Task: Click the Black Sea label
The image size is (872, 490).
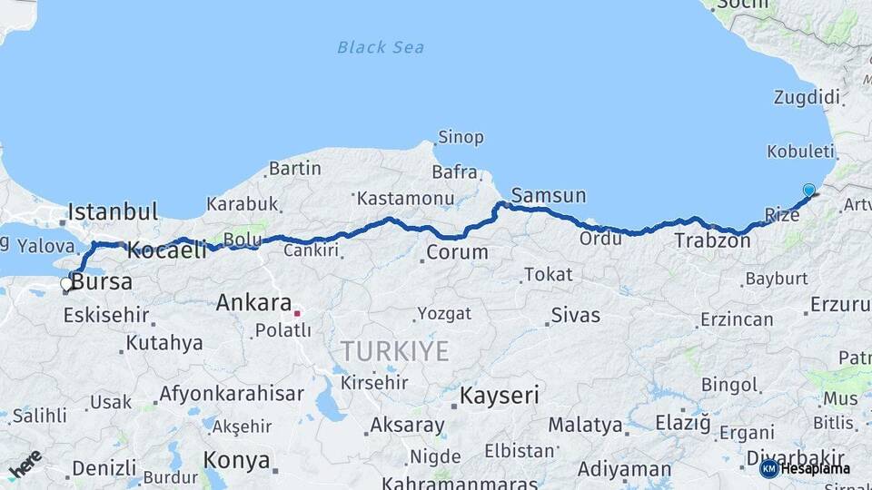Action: click(381, 47)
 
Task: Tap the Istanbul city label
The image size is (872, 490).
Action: click(113, 212)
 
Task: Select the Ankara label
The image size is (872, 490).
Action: click(253, 304)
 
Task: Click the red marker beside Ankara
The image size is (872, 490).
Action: click(297, 313)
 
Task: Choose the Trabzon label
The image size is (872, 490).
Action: click(712, 241)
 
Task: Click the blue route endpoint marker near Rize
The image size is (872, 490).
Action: click(808, 190)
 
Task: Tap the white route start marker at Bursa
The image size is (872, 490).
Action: click(66, 284)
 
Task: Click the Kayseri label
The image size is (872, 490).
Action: click(499, 396)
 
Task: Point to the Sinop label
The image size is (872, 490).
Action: click(461, 138)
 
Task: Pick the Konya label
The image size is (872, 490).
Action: click(236, 460)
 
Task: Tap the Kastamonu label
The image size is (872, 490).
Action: click(404, 198)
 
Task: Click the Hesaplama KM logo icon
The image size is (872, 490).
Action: click(769, 468)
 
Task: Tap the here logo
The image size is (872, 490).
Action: click(25, 464)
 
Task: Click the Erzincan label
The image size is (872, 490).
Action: click(736, 319)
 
